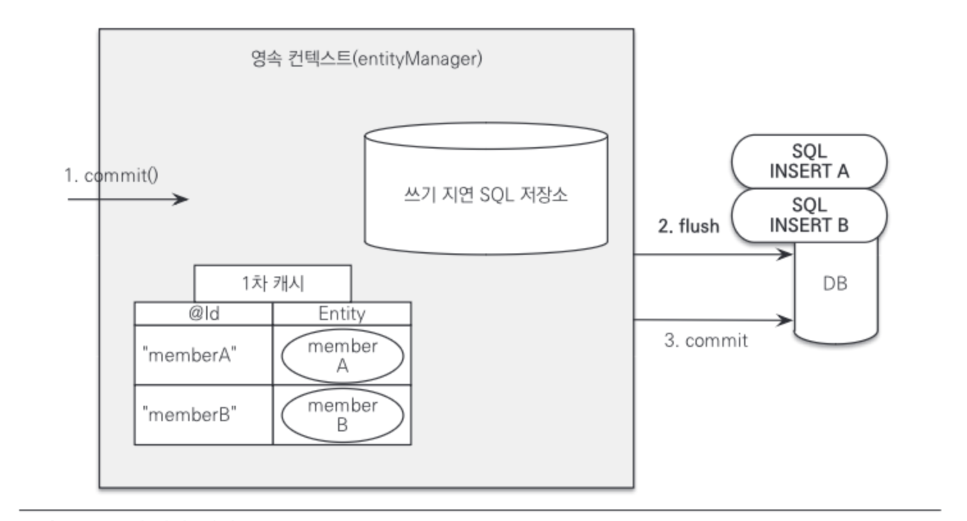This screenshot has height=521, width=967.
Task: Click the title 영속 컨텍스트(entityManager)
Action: tap(366, 59)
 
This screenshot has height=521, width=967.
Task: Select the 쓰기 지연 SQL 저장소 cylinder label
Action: tap(485, 195)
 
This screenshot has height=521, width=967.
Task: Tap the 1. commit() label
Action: tap(111, 175)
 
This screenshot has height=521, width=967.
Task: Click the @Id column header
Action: tap(204, 314)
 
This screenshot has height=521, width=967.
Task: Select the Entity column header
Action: tap(342, 314)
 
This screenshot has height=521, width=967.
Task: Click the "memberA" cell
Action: tap(190, 355)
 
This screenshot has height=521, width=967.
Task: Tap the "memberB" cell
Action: tap(190, 415)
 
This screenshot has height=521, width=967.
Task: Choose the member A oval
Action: tap(343, 356)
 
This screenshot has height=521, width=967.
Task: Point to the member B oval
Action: tap(343, 415)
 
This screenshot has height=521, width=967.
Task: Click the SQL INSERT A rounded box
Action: tap(809, 161)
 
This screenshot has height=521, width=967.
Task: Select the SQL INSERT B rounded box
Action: tap(809, 215)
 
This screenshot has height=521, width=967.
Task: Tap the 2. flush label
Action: tap(688, 226)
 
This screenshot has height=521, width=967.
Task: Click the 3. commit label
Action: tap(706, 341)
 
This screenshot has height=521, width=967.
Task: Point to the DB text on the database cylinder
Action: tap(835, 284)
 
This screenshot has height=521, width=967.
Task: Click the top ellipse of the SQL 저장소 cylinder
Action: tap(485, 136)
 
